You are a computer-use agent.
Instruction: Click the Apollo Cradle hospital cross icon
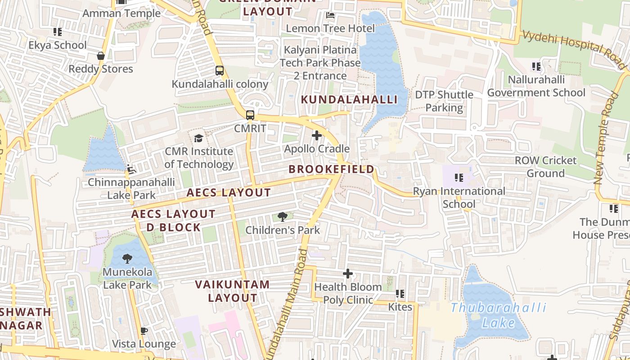[x=316, y=135]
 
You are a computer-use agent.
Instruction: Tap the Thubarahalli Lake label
[x=498, y=315]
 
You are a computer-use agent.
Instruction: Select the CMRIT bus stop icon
[x=250, y=115]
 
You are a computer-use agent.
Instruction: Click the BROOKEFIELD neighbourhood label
[x=331, y=169]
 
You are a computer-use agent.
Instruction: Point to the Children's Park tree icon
[x=283, y=217]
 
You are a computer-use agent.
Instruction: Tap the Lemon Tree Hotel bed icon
[x=330, y=15]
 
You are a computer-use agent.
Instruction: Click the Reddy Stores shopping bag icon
[x=101, y=56]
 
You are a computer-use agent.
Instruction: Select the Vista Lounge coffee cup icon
[x=144, y=331]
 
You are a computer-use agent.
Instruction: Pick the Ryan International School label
[x=459, y=198]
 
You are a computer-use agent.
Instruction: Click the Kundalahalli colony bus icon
[x=220, y=71]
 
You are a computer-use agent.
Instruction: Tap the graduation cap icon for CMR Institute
[x=198, y=138]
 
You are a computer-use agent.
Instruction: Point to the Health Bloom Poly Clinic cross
[x=347, y=273]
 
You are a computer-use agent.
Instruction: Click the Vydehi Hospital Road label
[x=574, y=49]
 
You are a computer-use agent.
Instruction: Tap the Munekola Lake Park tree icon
[x=127, y=259]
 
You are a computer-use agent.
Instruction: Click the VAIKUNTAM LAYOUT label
[x=232, y=291]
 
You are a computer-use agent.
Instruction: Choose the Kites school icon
[x=400, y=294]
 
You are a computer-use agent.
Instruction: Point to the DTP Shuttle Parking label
[x=444, y=101]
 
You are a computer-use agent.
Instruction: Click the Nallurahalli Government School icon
[x=536, y=67]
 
